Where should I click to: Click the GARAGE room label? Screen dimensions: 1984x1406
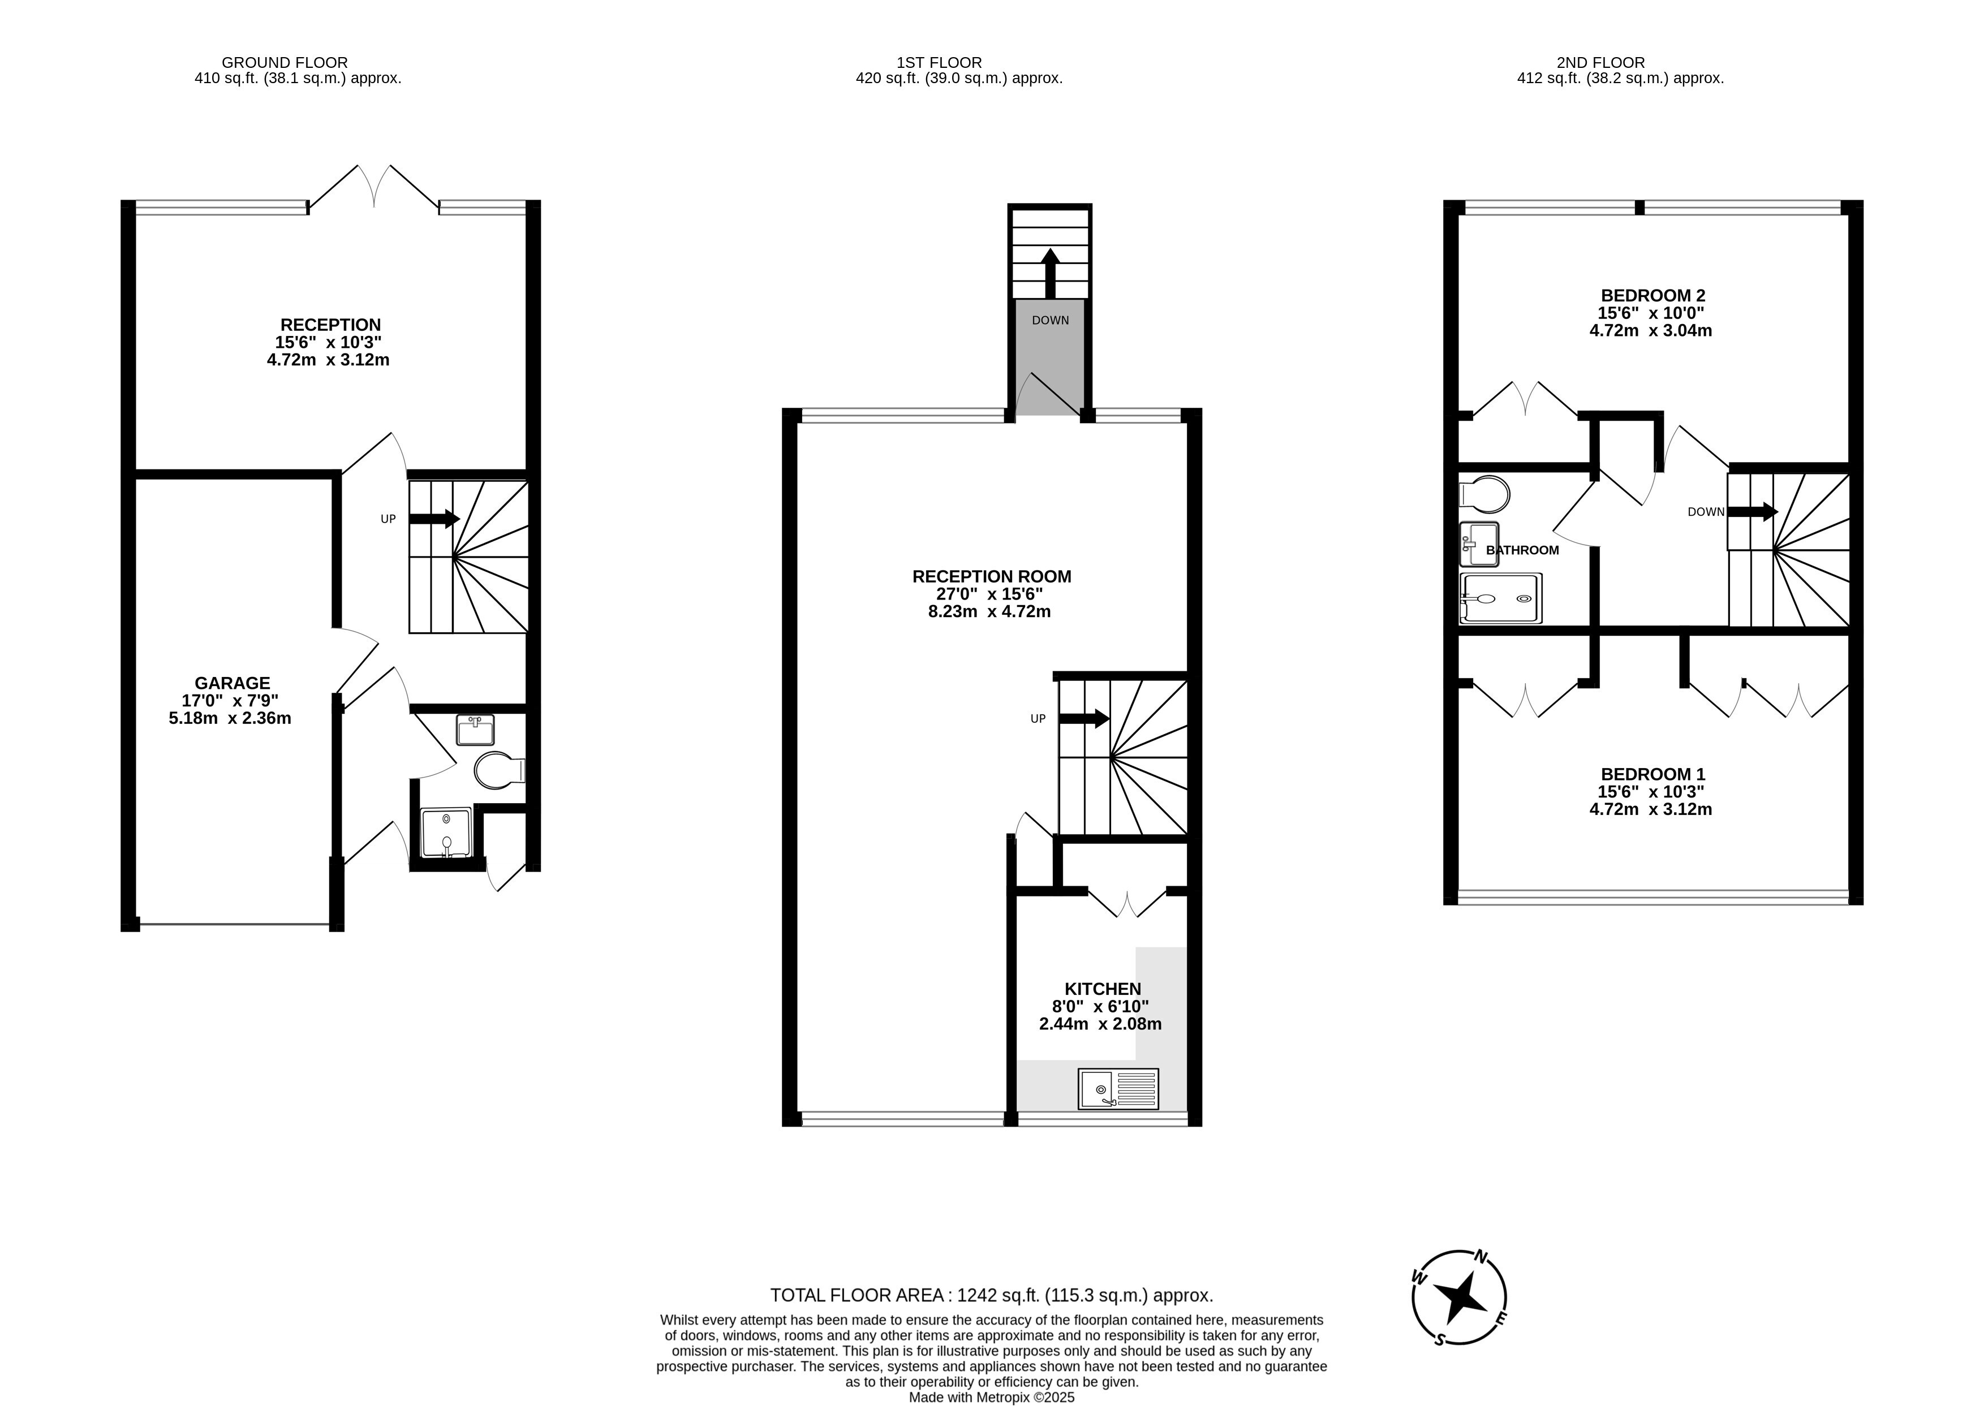point(232,683)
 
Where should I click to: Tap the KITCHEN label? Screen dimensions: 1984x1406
point(1103,989)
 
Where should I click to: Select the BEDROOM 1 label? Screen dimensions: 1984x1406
point(1652,774)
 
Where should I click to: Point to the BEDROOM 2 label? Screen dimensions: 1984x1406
point(1652,295)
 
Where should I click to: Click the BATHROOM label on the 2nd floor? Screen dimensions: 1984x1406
point(1522,550)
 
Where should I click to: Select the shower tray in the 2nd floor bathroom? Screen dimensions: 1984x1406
point(1501,598)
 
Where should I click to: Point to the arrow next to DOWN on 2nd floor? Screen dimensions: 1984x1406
point(1753,512)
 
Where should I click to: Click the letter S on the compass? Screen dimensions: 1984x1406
point(1439,1339)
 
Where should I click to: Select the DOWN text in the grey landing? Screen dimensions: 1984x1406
point(1051,320)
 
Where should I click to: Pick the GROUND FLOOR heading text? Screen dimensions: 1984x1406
point(285,62)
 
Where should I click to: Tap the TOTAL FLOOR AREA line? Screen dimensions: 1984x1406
point(992,1295)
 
